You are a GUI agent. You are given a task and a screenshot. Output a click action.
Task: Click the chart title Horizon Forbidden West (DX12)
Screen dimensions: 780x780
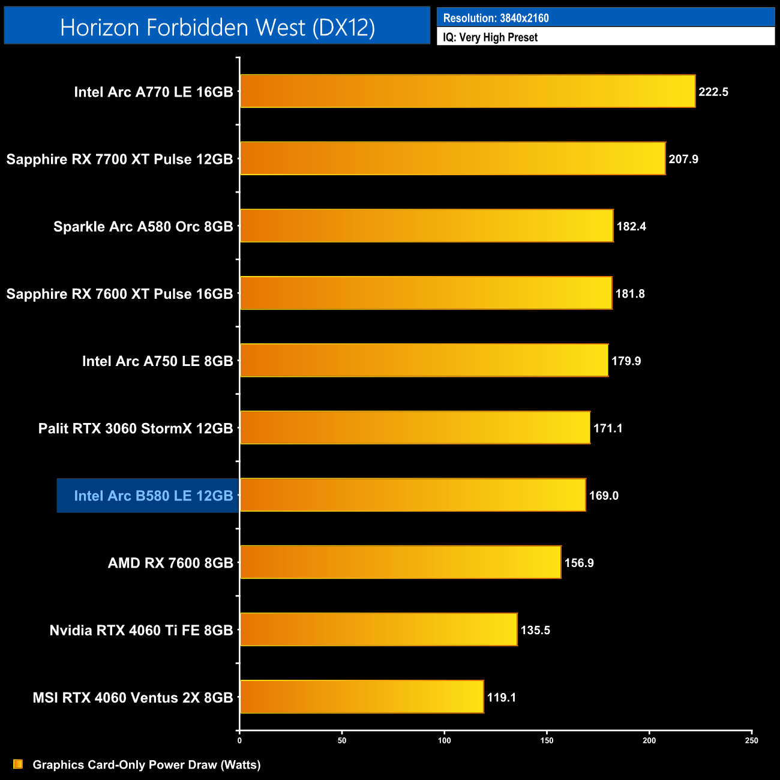pos(217,28)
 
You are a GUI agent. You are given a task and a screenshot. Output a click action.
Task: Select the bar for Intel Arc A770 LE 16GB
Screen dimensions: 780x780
pos(467,91)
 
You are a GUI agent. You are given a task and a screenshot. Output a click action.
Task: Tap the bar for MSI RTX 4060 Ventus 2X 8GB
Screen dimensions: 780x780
pos(362,697)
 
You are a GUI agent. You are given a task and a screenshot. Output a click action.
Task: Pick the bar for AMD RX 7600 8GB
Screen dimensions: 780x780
pos(400,562)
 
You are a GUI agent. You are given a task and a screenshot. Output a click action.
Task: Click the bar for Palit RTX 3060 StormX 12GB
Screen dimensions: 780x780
pos(415,428)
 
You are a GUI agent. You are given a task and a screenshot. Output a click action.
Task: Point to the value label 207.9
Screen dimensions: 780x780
pos(683,159)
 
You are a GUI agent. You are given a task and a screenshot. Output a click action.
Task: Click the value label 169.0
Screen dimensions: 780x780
pos(604,496)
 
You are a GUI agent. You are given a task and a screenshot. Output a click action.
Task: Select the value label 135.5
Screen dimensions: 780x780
pos(535,630)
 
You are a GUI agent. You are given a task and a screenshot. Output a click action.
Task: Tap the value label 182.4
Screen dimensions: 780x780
pos(631,226)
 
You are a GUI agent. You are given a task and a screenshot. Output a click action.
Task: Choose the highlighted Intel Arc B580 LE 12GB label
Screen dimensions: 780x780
pos(153,496)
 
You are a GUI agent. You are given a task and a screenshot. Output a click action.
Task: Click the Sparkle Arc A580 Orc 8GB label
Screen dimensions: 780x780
pos(143,226)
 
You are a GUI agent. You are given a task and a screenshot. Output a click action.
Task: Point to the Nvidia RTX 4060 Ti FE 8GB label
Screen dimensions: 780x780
pos(141,630)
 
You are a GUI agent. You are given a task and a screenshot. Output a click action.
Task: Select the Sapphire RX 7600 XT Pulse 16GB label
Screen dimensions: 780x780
pos(119,293)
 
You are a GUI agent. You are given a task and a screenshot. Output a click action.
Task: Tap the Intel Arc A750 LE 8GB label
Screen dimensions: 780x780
pos(157,361)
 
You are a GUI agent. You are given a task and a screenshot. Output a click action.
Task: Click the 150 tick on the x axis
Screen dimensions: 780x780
pos(547,740)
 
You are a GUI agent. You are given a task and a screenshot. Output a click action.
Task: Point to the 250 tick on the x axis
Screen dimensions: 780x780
pos(751,740)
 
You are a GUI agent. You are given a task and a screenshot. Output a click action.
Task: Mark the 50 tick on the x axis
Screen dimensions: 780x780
pos(342,740)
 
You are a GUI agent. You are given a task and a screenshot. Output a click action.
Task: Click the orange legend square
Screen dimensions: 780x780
pos(18,764)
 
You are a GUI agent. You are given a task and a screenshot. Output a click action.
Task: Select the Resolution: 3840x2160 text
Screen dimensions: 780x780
pos(496,18)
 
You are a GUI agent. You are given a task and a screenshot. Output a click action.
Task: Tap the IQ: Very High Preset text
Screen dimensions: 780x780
pos(490,37)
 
